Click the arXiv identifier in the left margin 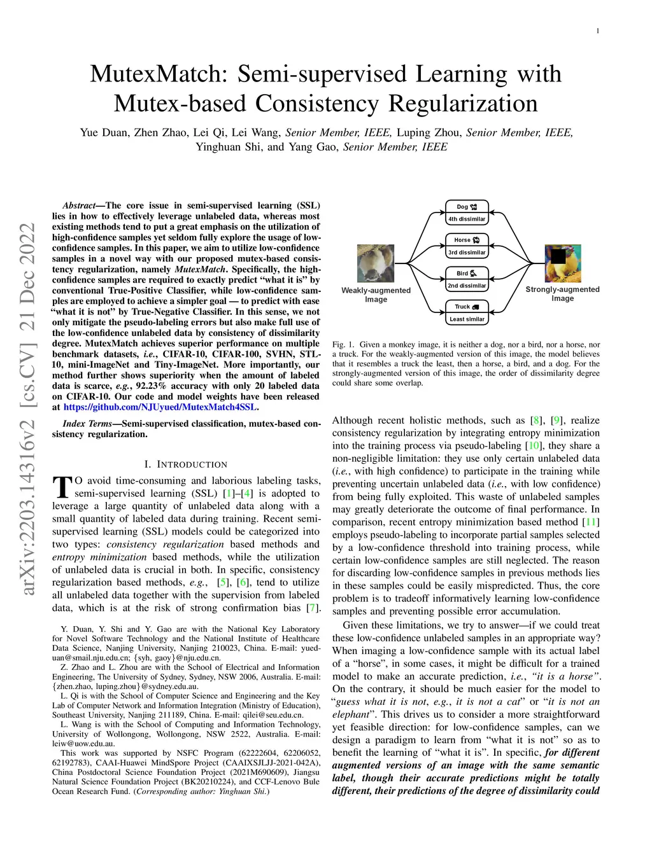coord(27,410)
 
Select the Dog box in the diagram coord(467,207)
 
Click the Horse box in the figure coord(467,240)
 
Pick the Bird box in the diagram coord(467,273)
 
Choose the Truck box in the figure coord(467,307)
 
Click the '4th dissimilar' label coord(467,219)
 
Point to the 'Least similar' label coord(467,319)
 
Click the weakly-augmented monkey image coord(376,263)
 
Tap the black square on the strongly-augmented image coord(558,256)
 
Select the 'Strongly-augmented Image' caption coord(562,293)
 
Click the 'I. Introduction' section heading coord(185,464)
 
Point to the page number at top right coord(597,31)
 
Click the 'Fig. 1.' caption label coord(343,345)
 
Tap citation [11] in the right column coord(592,522)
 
